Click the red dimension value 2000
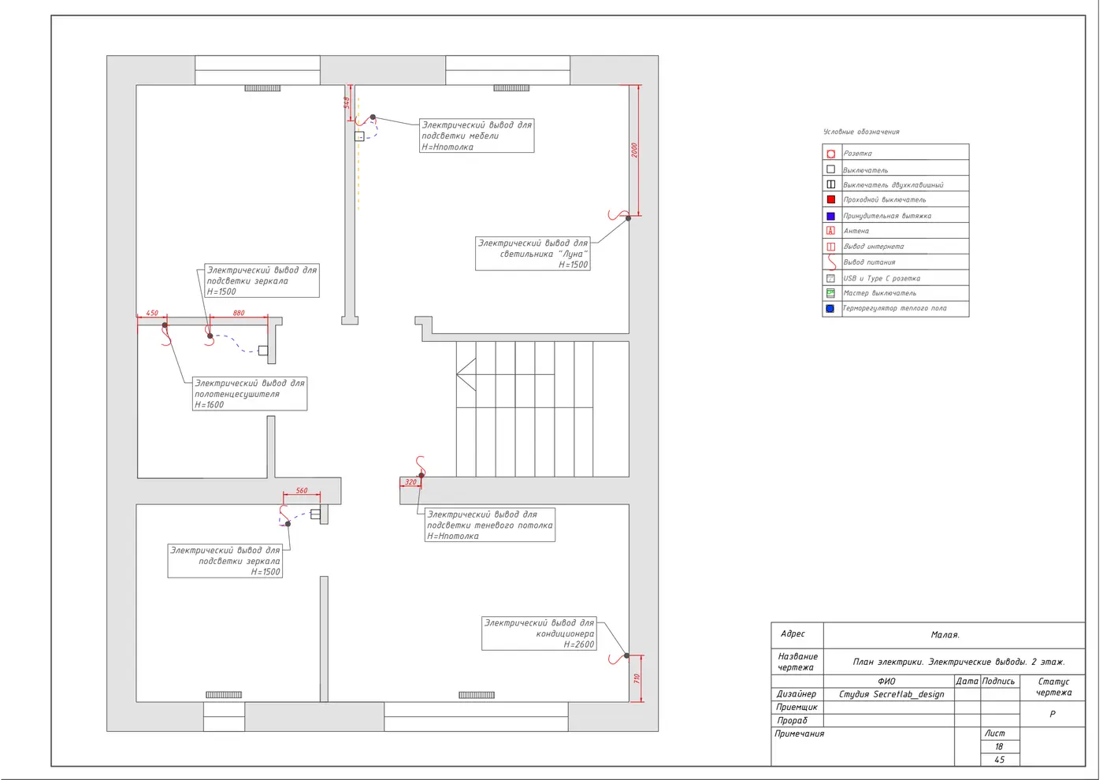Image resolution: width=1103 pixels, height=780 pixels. pyautogui.click(x=635, y=150)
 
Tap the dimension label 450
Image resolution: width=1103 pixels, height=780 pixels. pyautogui.click(x=152, y=313)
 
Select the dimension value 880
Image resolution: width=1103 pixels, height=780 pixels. pyautogui.click(x=239, y=313)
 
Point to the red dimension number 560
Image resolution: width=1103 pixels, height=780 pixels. pyautogui.click(x=302, y=490)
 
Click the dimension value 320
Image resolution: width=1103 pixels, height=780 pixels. pyautogui.click(x=410, y=482)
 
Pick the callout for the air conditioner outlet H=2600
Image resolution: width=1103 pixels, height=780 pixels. pyautogui.click(x=539, y=633)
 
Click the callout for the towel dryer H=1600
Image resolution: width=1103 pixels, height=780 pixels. pyautogui.click(x=250, y=393)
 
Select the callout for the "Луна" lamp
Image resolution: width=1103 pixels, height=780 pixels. pyautogui.click(x=533, y=254)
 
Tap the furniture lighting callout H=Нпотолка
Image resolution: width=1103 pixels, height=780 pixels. pyautogui.click(x=477, y=136)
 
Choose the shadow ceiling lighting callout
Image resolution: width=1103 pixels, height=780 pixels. pyautogui.click(x=490, y=525)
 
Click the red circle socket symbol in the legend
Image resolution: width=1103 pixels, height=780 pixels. pyautogui.click(x=831, y=154)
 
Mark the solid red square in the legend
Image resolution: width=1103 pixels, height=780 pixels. pyautogui.click(x=831, y=199)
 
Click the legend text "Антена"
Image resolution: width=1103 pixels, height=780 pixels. pyautogui.click(x=856, y=231)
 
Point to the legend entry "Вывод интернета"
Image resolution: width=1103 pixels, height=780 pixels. pyautogui.click(x=874, y=246)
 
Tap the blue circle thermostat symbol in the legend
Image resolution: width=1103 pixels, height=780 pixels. pyautogui.click(x=830, y=308)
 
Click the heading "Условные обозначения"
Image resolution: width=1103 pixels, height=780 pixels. pyautogui.click(x=861, y=132)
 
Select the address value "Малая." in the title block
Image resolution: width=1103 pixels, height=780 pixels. pyautogui.click(x=945, y=635)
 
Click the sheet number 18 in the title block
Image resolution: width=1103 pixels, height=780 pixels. pyautogui.click(x=999, y=747)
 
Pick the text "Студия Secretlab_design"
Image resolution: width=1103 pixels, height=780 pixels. pyautogui.click(x=892, y=694)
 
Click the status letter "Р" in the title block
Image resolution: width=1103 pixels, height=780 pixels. pyautogui.click(x=1053, y=714)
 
